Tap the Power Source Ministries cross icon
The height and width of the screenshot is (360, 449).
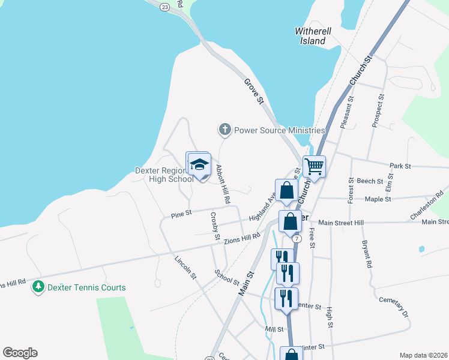[x=225, y=129]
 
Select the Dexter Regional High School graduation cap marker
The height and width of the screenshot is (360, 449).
[x=199, y=164]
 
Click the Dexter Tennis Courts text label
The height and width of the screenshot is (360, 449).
[x=88, y=287]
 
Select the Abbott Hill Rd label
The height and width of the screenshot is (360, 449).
[x=224, y=184]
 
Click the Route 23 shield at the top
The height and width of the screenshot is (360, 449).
[x=164, y=6]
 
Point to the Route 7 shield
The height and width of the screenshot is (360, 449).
[x=297, y=238]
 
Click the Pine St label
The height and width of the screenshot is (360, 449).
[x=181, y=213]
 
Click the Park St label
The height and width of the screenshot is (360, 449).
[x=400, y=166]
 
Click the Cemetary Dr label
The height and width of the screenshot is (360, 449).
[x=394, y=307]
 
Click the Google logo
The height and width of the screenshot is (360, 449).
[x=20, y=353]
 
